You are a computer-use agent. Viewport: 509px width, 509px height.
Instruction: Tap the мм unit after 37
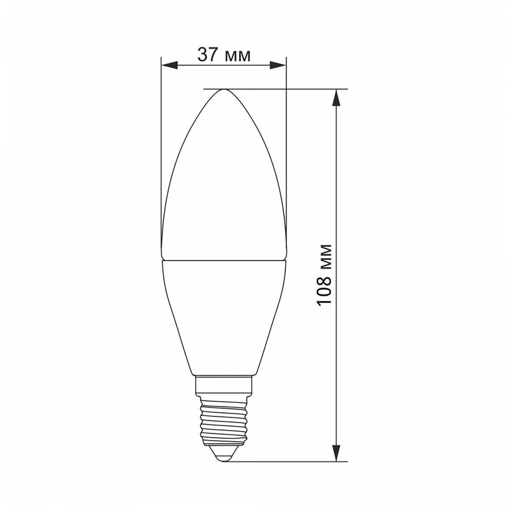[x=237, y=56]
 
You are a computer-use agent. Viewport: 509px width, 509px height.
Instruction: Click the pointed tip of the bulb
[x=224, y=90]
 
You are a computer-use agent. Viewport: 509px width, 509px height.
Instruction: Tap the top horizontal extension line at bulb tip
[x=297, y=89]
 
